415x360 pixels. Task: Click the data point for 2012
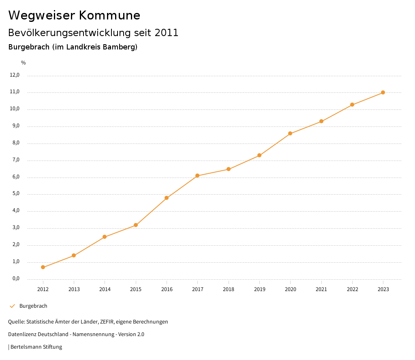tap(43, 267)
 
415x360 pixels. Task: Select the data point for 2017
tap(197, 176)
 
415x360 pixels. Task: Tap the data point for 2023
tap(383, 92)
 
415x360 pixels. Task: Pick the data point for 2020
tap(290, 133)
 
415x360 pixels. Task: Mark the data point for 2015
tap(136, 225)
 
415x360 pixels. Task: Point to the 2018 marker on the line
tap(229, 169)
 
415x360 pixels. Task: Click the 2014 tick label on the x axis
tap(105, 289)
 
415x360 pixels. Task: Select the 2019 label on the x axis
tap(259, 289)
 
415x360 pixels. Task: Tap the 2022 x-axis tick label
tap(352, 289)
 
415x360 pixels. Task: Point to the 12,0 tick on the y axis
tap(15, 75)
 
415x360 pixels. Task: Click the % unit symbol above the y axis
tap(24, 63)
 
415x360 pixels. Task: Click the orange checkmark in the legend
tap(12, 306)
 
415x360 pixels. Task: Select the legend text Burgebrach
tap(33, 306)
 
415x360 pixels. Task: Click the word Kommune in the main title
tap(109, 15)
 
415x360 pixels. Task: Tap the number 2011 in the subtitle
tap(167, 33)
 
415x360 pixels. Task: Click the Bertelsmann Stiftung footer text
tap(36, 347)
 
